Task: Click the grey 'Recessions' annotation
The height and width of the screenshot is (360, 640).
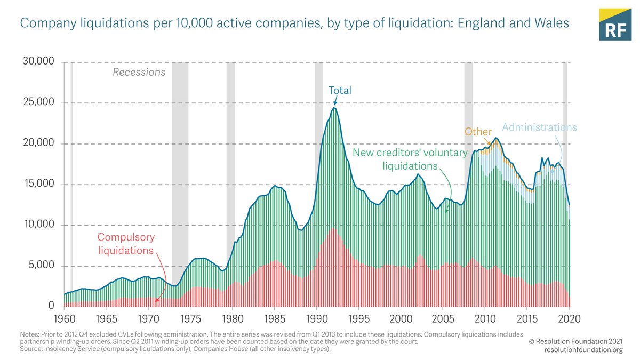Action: (139, 72)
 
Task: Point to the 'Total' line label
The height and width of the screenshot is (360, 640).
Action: (340, 91)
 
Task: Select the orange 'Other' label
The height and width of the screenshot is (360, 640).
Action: (478, 131)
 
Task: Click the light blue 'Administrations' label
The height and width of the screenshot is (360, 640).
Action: (540, 127)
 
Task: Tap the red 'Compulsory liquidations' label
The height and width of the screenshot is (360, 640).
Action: (125, 244)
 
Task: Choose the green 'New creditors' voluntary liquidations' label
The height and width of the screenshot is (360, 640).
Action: (410, 159)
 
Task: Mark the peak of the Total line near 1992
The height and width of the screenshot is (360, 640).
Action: (334, 108)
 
